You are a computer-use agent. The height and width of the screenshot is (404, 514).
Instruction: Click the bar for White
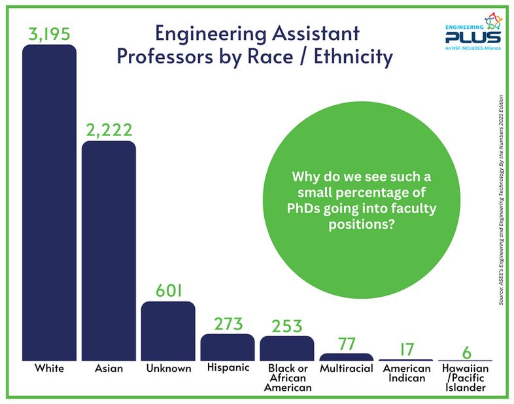[49, 203]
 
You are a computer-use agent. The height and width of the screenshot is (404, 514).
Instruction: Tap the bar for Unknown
[168, 331]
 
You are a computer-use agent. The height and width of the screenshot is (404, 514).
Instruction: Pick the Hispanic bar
[228, 347]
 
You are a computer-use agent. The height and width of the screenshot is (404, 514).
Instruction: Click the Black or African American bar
[286, 348]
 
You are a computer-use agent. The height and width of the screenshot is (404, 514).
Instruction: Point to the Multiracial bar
[346, 357]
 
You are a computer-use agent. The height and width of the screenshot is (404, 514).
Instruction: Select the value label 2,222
[109, 129]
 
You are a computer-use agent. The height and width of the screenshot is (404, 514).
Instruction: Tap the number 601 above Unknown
[168, 290]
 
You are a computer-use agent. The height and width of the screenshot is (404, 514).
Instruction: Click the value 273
[228, 323]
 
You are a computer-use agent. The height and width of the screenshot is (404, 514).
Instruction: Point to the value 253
[286, 325]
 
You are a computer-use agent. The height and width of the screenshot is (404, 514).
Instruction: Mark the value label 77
[346, 343]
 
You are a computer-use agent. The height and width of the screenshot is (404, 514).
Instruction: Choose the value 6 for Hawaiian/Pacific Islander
[465, 351]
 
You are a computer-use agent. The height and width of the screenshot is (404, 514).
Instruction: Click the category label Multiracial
[346, 369]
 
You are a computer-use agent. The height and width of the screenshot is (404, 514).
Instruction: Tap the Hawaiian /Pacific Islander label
[465, 378]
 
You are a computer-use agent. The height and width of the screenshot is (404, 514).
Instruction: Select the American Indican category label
[406, 373]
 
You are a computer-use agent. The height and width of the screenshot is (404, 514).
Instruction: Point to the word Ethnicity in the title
[351, 57]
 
